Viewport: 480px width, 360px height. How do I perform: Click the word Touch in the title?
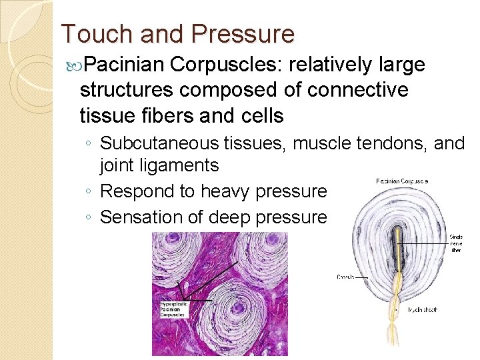91,34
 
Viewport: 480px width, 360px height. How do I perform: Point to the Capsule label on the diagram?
345,276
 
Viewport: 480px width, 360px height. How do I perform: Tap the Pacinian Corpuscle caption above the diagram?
402,181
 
